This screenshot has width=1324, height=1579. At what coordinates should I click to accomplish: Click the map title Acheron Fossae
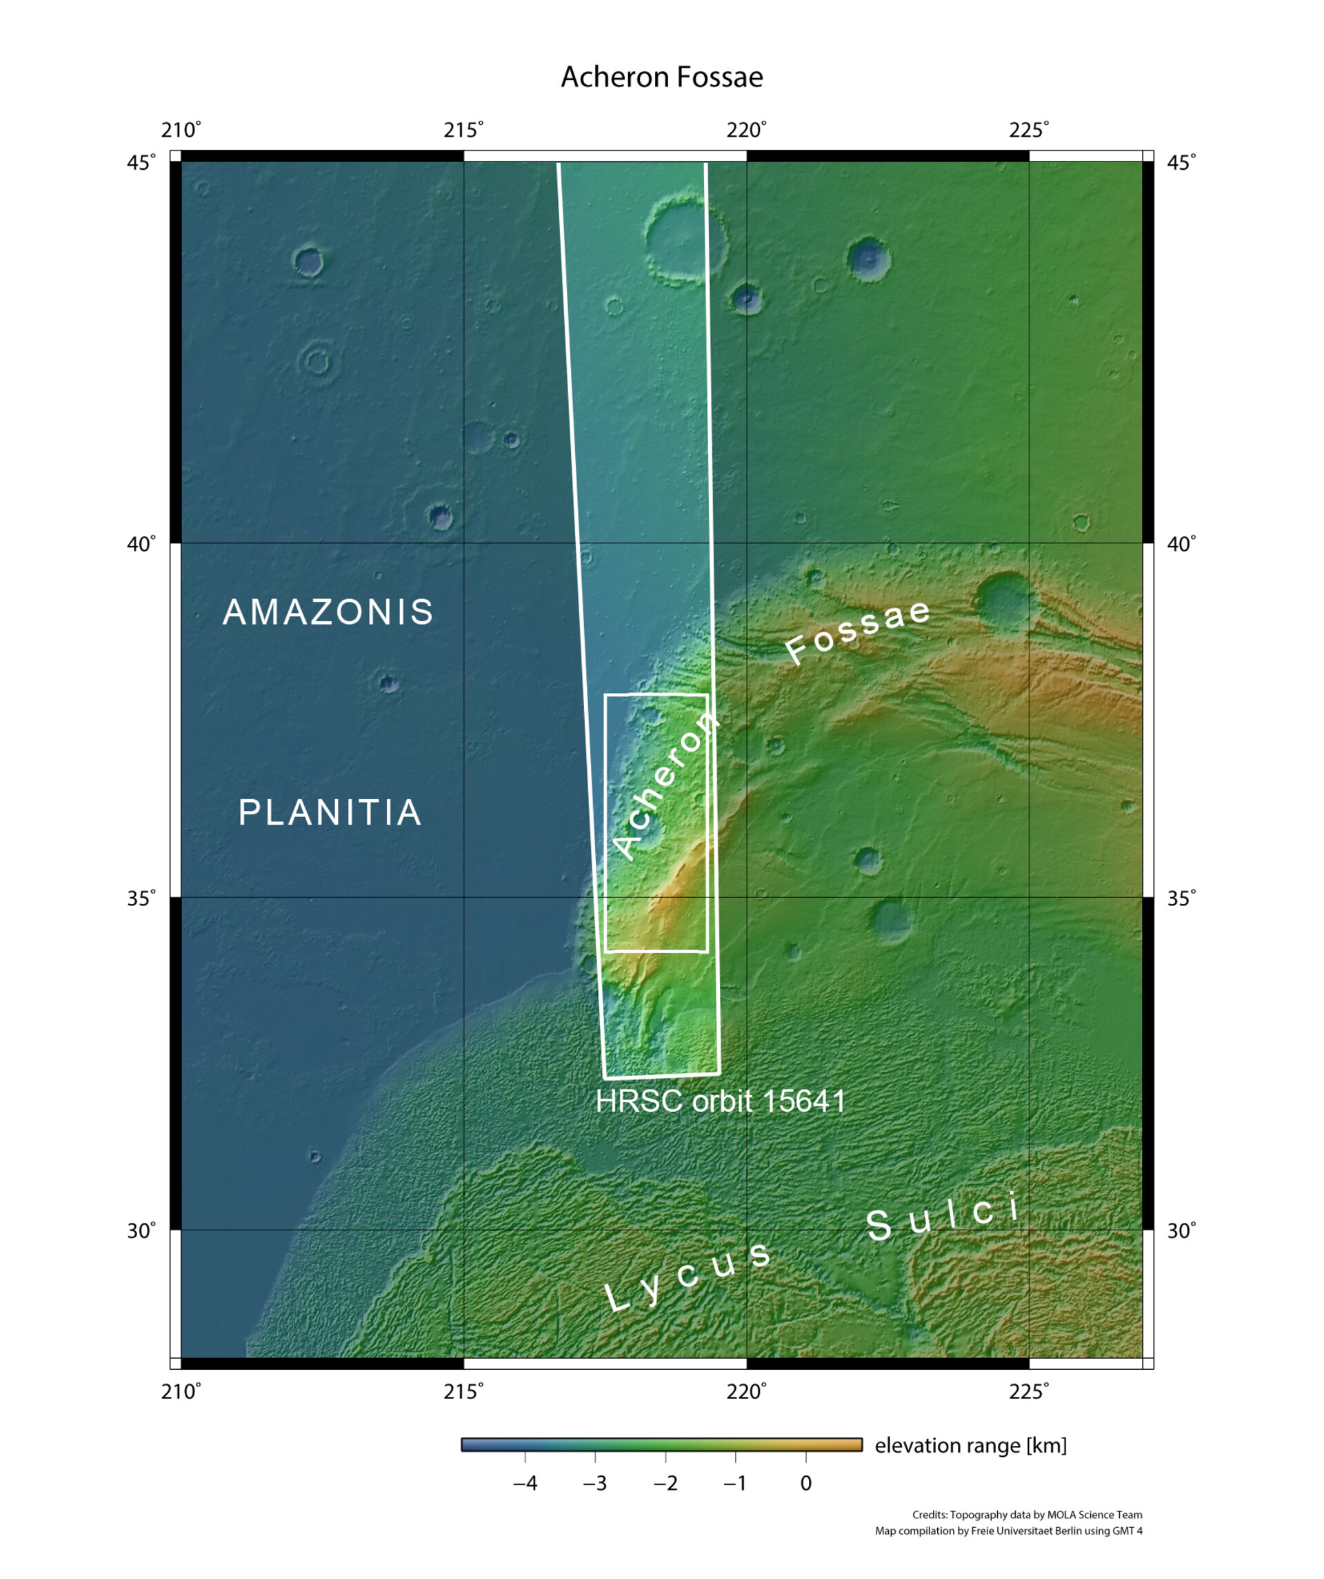click(x=661, y=77)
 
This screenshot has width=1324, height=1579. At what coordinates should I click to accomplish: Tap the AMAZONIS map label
click(x=328, y=612)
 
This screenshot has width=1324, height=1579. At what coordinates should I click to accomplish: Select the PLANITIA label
click(x=330, y=812)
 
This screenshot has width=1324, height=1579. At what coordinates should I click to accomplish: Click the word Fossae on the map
click(x=857, y=632)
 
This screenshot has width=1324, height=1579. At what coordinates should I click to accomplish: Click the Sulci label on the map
click(x=944, y=1218)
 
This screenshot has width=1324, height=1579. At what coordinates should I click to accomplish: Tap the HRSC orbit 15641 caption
click(x=720, y=1101)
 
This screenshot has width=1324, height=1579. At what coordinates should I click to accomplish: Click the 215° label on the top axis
click(x=463, y=130)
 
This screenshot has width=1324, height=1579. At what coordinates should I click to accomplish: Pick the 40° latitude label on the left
click(x=141, y=544)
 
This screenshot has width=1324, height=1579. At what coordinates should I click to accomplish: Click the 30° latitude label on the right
click(x=1181, y=1231)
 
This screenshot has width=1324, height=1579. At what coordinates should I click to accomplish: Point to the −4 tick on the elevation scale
click(x=525, y=1484)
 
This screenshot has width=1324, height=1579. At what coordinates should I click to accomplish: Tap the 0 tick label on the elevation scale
click(x=805, y=1484)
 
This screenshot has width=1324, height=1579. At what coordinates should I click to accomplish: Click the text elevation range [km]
click(x=970, y=1445)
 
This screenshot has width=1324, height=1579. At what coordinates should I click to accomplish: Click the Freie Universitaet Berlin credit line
click(x=1008, y=1531)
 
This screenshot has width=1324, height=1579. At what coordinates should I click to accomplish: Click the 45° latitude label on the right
click(x=1181, y=162)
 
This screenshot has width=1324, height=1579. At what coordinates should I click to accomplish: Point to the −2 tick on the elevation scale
click(x=665, y=1484)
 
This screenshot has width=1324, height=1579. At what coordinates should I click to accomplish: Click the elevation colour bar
click(x=661, y=1444)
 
